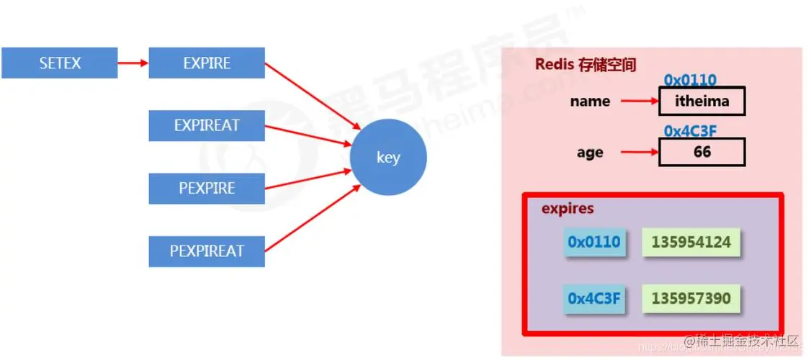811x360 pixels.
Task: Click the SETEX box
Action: [x=59, y=63]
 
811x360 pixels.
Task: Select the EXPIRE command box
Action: [x=207, y=63]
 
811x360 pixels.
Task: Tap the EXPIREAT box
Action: [x=207, y=126]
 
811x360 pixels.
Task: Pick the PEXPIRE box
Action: [x=207, y=189]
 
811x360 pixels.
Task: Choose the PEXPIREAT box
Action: [x=207, y=251]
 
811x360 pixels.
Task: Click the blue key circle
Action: [x=387, y=158]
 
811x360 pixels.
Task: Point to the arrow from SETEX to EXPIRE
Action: [x=133, y=63]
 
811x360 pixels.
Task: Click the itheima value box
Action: [x=702, y=102]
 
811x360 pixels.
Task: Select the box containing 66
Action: [x=702, y=152]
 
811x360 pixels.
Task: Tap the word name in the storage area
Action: [x=590, y=102]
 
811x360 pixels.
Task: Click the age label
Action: [x=590, y=153]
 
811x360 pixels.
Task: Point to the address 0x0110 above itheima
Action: [x=690, y=81]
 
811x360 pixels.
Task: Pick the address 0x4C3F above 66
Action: [x=690, y=131]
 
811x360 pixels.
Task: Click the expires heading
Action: [x=568, y=209]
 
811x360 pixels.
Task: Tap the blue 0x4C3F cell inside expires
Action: [x=593, y=298]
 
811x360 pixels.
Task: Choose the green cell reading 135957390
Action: [x=691, y=298]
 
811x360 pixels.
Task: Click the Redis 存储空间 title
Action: [x=586, y=64]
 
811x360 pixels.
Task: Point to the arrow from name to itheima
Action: [x=638, y=102]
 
